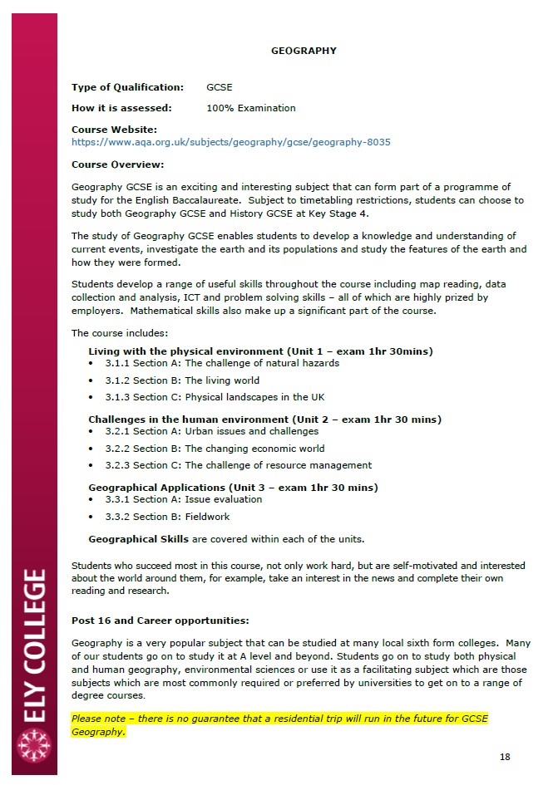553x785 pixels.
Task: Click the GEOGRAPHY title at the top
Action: pos(304,51)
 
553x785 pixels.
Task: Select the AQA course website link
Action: pos(230,142)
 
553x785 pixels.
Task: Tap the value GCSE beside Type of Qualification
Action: pos(220,87)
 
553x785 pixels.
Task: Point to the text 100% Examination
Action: pos(250,108)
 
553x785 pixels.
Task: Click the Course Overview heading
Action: pos(117,164)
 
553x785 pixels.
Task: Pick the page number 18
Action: pos(505,757)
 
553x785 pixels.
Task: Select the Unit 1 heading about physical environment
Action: pos(260,351)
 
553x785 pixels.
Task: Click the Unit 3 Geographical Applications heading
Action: pos(233,488)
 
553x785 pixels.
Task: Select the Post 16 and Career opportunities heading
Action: pos(160,621)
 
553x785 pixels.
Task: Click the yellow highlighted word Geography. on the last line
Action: pos(98,732)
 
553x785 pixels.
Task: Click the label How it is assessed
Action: pos(121,108)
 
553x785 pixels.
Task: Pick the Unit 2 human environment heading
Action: pos(264,419)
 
